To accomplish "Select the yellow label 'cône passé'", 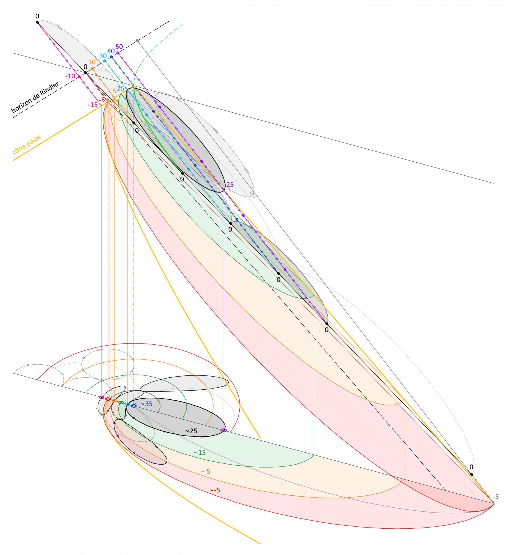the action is coord(26,145).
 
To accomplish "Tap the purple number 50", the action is coord(119,46).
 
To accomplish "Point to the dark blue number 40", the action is coord(111,51).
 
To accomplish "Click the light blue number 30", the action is coord(103,56).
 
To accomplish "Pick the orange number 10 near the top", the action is coord(92,62).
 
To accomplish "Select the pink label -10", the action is coord(70,76).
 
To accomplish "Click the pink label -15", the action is coord(93,105).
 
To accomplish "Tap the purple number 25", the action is coord(230,185).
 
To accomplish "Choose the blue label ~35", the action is coord(146,404).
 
